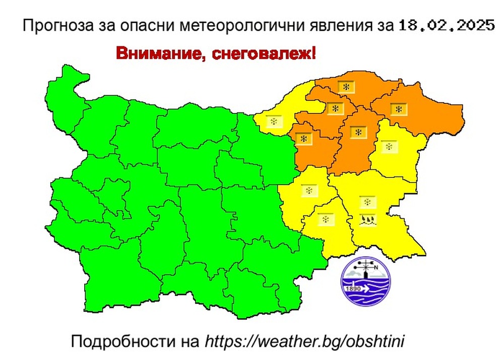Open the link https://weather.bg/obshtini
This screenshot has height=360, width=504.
pyautogui.click(x=305, y=341)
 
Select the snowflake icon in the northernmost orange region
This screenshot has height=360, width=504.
pyautogui.click(x=346, y=87)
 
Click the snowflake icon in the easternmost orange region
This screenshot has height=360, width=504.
pyautogui.click(x=399, y=109)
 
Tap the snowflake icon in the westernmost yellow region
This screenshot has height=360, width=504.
pyautogui.click(x=273, y=122)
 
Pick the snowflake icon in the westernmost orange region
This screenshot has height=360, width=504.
pyautogui.click(x=303, y=137)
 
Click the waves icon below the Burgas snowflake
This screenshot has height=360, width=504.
pyautogui.click(x=367, y=219)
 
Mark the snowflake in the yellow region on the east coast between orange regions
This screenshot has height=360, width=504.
pyautogui.click(x=389, y=147)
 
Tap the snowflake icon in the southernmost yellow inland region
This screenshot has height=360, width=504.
pyautogui.click(x=326, y=219)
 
